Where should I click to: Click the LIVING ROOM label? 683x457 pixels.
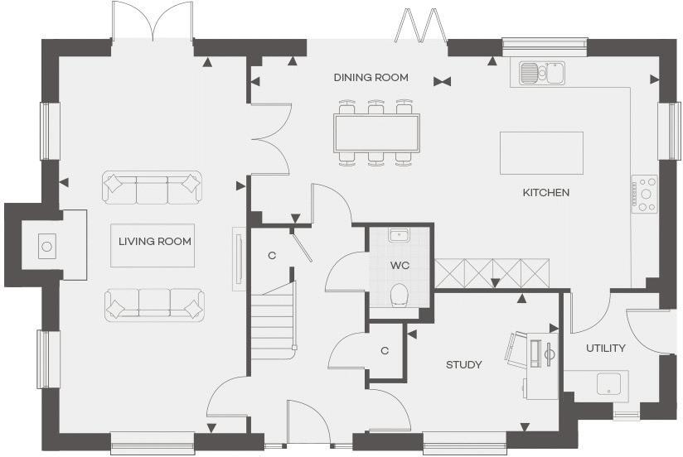click(155, 242)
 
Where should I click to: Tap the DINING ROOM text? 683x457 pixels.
click(371, 78)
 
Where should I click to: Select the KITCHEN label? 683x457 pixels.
click(545, 193)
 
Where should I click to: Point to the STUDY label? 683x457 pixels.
click(463, 365)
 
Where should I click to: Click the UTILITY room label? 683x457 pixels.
click(605, 349)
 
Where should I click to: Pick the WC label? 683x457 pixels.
click(400, 265)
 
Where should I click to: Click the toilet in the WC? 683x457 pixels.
click(400, 295)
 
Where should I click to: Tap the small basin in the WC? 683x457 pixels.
click(400, 235)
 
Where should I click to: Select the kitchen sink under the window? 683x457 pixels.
click(542, 74)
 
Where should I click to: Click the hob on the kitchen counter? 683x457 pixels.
click(645, 193)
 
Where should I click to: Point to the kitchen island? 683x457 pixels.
click(541, 152)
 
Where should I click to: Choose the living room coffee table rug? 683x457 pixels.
click(153, 246)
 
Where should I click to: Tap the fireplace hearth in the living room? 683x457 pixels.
click(47, 245)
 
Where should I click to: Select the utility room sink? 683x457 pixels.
click(610, 384)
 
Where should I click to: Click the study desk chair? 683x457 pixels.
click(521, 349)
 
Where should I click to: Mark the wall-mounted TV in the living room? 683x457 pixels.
click(239, 259)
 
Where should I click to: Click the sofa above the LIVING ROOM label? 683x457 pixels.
click(153, 187)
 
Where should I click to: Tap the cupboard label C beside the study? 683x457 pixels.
click(385, 351)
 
